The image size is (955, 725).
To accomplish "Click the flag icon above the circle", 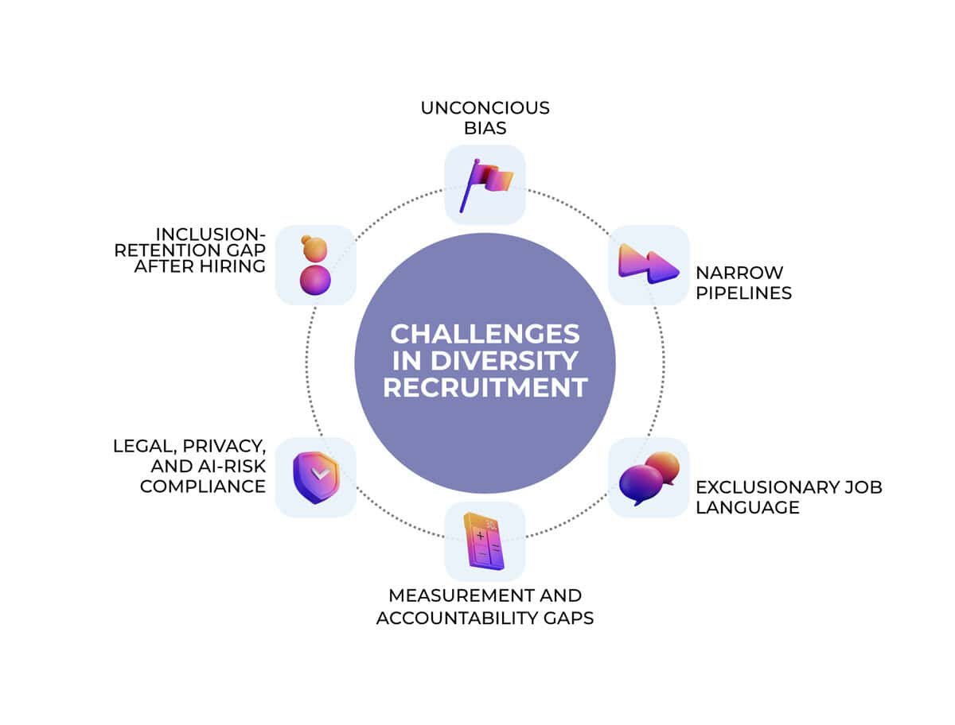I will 485,185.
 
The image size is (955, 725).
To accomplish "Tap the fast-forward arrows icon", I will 648,265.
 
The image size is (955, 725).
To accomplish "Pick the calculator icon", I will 484,541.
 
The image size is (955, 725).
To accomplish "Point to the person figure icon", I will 315,265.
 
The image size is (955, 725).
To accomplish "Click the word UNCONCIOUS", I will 485,107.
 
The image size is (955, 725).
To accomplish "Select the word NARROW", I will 728,273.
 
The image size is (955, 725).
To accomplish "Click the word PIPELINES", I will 744,293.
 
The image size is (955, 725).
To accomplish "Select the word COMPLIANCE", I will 203,486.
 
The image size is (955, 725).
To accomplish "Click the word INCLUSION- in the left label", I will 210,233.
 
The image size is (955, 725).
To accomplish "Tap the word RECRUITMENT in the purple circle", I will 485,388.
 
